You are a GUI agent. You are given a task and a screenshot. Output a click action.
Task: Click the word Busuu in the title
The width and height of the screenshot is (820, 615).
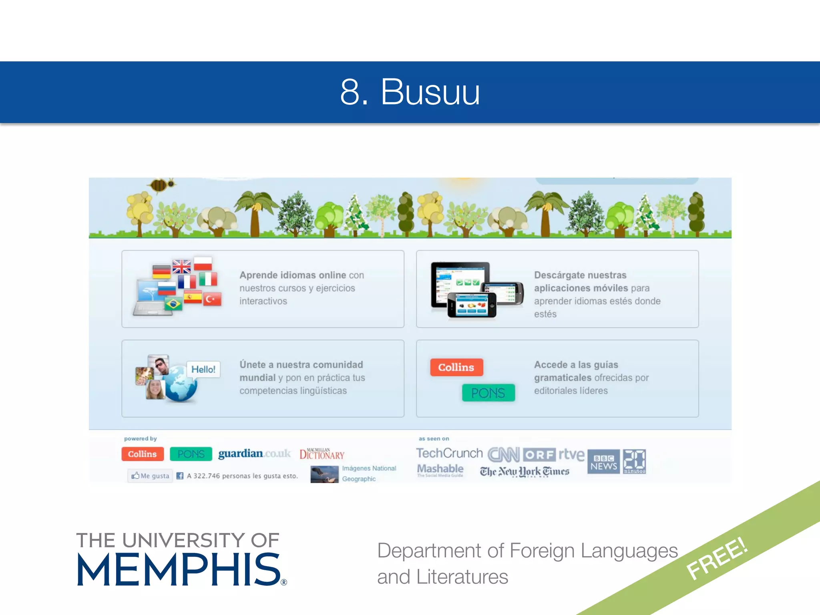[430, 92]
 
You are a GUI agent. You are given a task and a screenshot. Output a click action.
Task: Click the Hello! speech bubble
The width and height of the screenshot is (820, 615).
[203, 369]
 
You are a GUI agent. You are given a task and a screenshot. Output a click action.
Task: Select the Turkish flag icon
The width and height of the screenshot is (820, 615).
[212, 299]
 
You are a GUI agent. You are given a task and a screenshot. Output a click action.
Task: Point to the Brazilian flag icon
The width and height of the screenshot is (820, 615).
[173, 304]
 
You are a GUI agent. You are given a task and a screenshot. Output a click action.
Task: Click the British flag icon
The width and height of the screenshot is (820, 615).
[181, 266]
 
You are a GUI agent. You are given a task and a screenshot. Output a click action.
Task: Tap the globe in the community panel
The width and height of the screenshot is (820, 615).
[181, 384]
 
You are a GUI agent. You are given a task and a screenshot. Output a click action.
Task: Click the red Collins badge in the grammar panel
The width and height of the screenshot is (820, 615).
[456, 367]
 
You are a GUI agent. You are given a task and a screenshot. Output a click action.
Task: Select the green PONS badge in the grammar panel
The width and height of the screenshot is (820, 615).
[488, 393]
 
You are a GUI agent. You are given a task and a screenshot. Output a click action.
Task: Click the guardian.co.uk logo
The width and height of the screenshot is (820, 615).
[254, 454]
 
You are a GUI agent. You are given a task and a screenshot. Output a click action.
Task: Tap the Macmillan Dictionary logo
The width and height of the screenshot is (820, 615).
[322, 454]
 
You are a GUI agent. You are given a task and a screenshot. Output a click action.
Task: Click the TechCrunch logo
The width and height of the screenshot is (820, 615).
[449, 453]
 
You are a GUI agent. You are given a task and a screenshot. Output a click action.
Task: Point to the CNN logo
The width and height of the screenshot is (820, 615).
[503, 455]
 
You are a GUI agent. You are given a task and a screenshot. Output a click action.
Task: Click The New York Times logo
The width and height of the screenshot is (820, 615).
[525, 472]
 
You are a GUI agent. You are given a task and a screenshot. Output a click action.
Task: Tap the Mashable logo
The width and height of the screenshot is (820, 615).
[440, 469]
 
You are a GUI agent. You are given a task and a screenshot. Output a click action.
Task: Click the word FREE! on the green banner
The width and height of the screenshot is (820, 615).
[716, 559]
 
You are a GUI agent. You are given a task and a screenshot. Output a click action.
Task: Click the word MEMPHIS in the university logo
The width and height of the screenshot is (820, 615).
[179, 570]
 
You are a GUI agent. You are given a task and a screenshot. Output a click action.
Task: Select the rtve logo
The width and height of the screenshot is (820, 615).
[571, 454]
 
